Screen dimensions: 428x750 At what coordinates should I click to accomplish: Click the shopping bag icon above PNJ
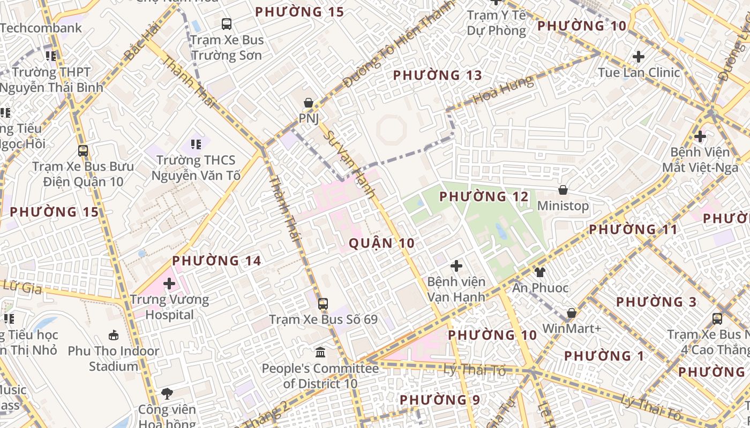point(309,102)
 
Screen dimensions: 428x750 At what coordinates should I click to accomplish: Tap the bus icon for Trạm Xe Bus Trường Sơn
point(227,24)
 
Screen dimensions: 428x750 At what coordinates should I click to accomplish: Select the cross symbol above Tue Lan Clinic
point(639,56)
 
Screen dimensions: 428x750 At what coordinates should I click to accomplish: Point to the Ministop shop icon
point(563,190)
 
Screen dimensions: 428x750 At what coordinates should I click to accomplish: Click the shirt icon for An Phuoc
point(540,272)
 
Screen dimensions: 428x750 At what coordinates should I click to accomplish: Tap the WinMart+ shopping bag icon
point(572,313)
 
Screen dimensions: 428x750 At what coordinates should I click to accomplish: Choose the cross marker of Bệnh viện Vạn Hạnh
point(456,265)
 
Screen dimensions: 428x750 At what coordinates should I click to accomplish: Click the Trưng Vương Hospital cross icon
point(170,284)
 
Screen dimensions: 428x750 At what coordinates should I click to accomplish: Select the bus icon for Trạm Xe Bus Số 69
point(323,304)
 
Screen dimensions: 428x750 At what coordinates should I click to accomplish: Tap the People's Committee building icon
point(320,353)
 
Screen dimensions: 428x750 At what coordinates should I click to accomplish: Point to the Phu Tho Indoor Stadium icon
point(114,335)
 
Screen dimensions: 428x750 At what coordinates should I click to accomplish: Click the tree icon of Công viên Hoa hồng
point(167,394)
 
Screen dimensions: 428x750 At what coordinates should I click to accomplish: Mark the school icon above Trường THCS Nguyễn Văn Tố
point(196,144)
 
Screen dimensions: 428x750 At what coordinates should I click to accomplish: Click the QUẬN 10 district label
point(381,243)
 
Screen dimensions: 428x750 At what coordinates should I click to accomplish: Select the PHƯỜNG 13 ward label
point(438,75)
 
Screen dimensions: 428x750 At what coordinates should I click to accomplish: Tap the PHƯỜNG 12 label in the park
point(484,197)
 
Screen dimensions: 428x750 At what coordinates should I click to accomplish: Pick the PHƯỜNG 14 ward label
point(216,261)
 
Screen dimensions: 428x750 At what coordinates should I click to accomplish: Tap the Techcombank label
point(41,28)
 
